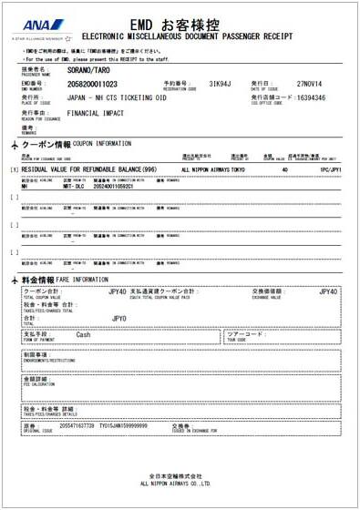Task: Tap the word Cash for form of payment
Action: [x=83, y=334]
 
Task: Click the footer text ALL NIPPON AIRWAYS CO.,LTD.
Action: [x=177, y=483]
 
